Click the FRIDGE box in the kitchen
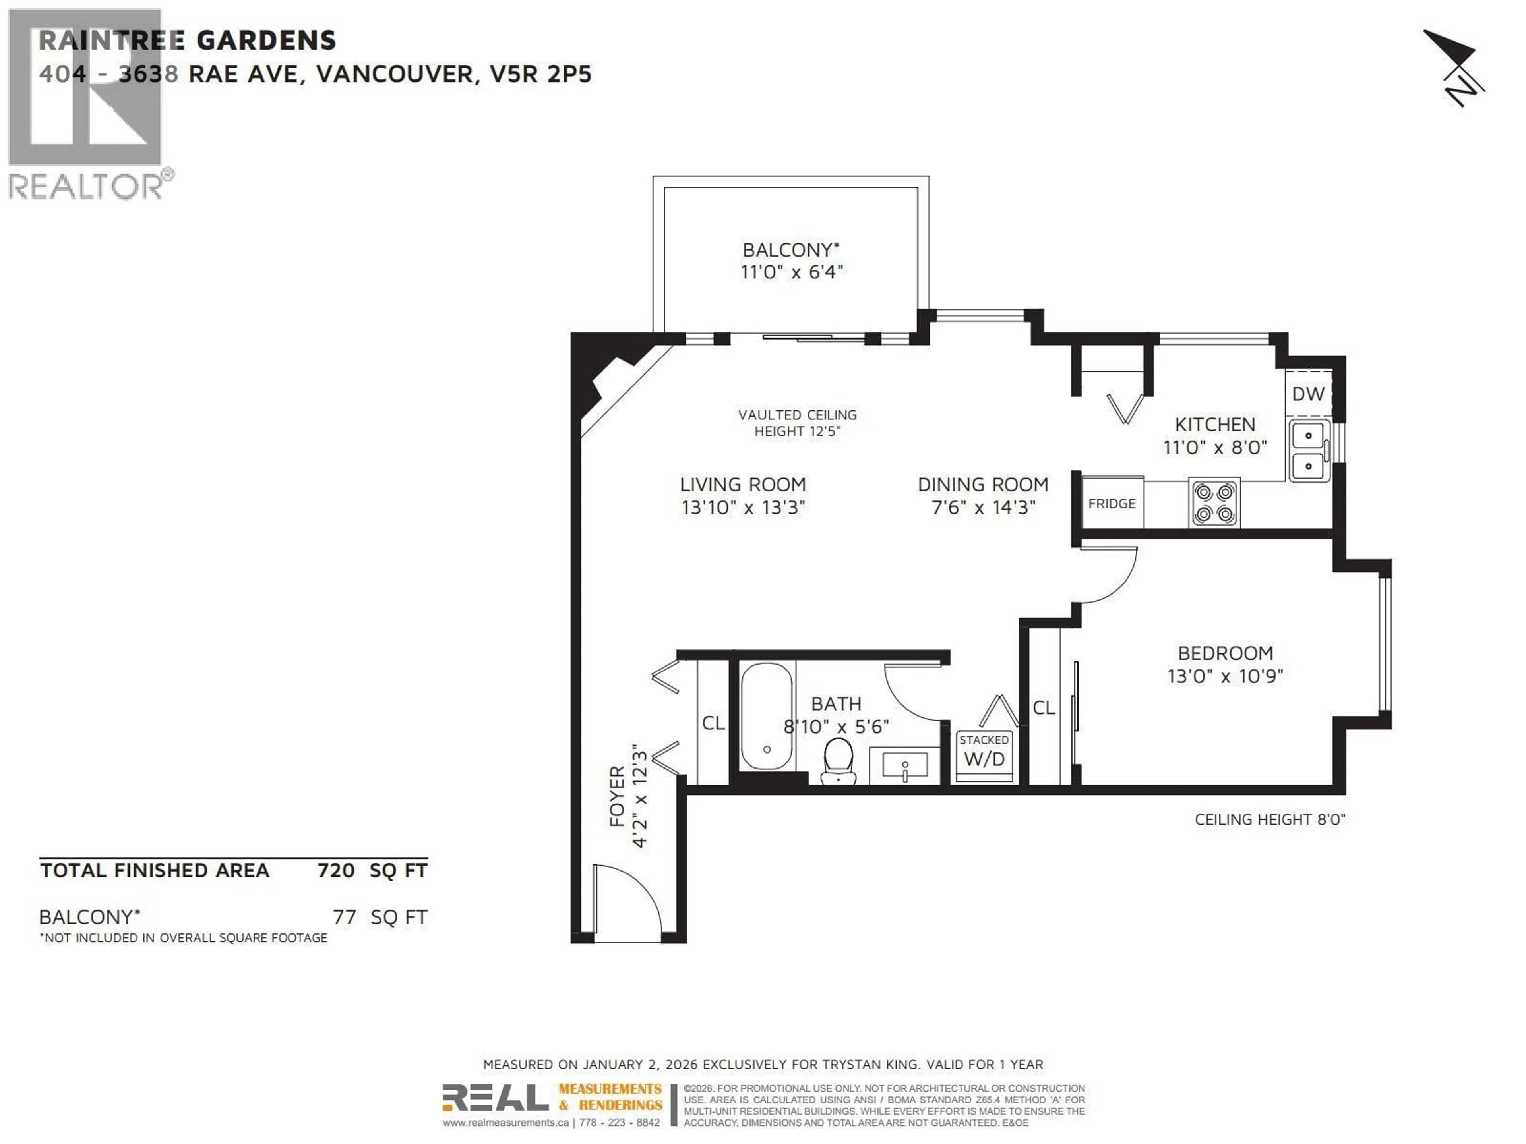coord(1112,503)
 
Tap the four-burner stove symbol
coord(1214,503)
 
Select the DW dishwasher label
coord(1308,394)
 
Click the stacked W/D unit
coord(984,755)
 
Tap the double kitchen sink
coord(1308,451)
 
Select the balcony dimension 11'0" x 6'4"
coord(791,272)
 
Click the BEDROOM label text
coord(1225,653)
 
